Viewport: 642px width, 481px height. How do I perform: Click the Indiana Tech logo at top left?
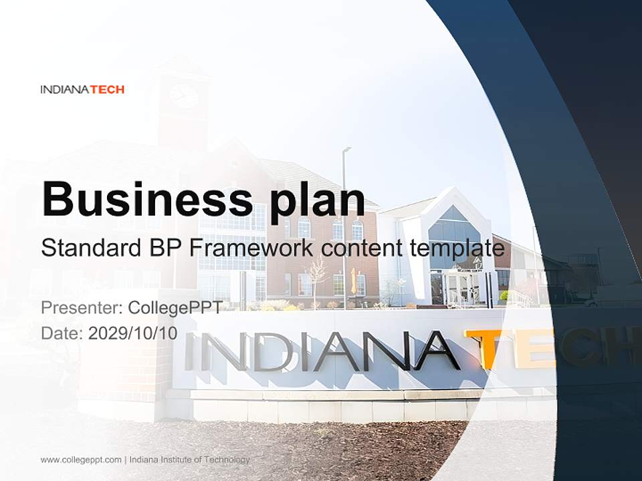82,90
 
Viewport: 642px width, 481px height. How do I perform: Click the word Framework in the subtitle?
250,248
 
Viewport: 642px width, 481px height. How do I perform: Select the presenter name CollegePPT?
175,307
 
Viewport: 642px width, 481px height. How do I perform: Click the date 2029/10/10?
132,333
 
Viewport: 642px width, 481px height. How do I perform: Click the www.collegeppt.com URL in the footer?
81,460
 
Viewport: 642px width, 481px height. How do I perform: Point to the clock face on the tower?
183,95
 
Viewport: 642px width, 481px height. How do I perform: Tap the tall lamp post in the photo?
344,220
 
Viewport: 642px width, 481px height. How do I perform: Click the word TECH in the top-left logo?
107,90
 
